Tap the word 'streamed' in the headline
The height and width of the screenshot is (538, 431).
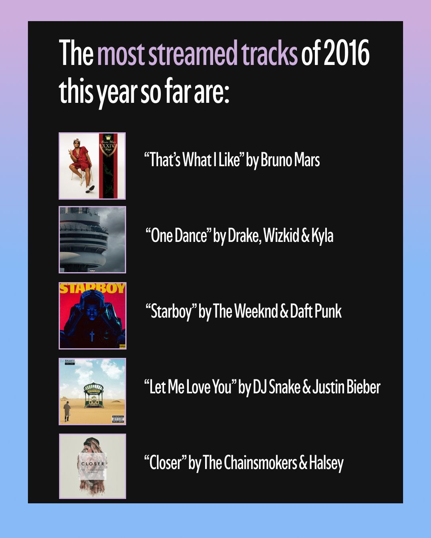coord(192,53)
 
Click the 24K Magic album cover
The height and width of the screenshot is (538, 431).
coord(92,166)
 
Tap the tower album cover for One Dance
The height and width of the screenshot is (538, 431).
coord(93,240)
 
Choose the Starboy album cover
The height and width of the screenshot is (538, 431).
coord(93,316)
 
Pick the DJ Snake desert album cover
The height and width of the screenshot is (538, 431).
coord(93,391)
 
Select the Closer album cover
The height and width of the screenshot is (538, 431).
coord(93,466)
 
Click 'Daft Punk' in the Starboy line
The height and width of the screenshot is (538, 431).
coord(316,311)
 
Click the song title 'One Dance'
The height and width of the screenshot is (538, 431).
coord(179,236)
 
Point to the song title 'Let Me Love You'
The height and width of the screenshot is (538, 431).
coord(190,387)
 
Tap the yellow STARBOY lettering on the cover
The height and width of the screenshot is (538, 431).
coord(93,288)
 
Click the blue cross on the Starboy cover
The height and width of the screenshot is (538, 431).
coord(92,336)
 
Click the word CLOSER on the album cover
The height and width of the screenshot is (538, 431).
coord(93,464)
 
